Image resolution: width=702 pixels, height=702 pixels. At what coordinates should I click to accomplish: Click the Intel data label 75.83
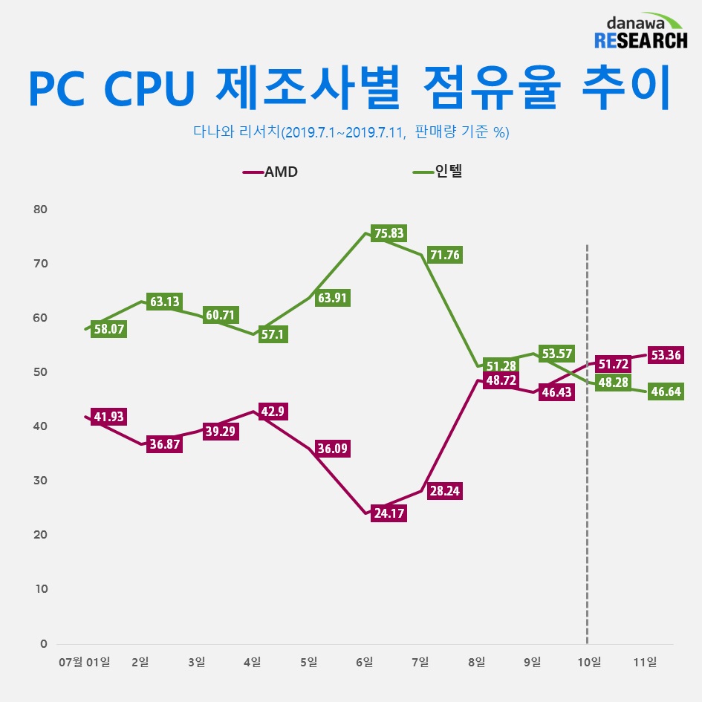click(389, 233)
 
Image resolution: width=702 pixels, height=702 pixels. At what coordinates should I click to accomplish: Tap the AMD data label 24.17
click(389, 513)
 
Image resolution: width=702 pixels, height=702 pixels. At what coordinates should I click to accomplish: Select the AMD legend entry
click(272, 172)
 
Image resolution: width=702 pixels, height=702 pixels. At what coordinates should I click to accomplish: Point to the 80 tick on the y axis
click(40, 209)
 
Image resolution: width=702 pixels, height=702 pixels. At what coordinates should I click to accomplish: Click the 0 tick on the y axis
click(44, 643)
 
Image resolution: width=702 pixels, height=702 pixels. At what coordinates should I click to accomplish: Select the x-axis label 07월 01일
click(83, 662)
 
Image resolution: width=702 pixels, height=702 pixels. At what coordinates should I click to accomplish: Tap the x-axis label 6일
click(364, 662)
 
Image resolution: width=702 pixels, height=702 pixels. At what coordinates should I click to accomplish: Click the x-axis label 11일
click(646, 662)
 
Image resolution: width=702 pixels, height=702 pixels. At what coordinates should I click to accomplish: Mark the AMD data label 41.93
click(108, 417)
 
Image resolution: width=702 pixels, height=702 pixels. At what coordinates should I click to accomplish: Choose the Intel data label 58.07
click(108, 329)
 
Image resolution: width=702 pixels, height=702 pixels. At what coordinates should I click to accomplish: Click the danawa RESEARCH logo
click(641, 31)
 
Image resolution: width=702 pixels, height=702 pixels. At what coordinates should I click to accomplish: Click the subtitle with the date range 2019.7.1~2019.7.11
click(351, 132)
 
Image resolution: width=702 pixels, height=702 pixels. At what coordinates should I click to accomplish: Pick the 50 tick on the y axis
click(40, 372)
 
